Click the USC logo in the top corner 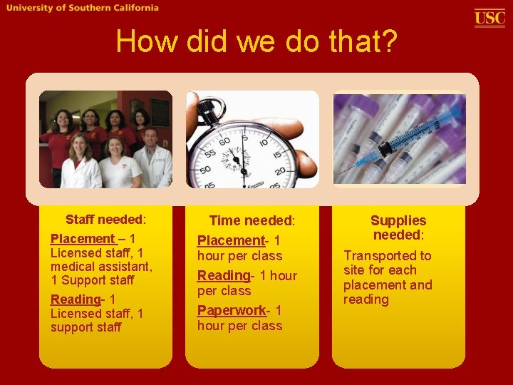click(x=489, y=17)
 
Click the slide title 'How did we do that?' click(x=256, y=41)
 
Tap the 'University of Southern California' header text click(x=83, y=8)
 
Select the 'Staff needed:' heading click(x=105, y=220)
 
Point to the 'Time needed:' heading click(x=252, y=221)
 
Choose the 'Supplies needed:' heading click(x=398, y=227)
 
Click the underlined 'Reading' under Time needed click(x=224, y=276)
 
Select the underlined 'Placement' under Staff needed click(x=82, y=239)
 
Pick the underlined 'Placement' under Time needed click(x=230, y=241)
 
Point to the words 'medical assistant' click(x=101, y=267)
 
